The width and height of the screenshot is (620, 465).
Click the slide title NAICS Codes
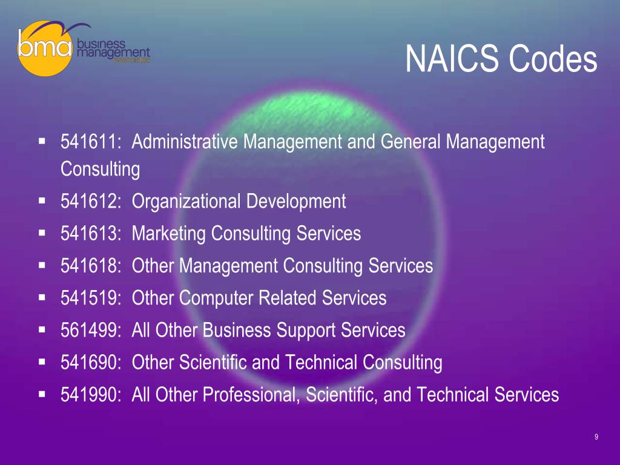(x=501, y=59)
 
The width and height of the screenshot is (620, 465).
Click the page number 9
(x=596, y=437)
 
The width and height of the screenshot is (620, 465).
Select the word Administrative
(x=186, y=143)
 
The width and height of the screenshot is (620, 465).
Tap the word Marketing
(x=169, y=234)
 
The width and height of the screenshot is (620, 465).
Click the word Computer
(x=220, y=298)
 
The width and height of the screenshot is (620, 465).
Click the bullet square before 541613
(x=42, y=232)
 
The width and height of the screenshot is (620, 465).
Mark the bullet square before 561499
(x=42, y=329)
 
